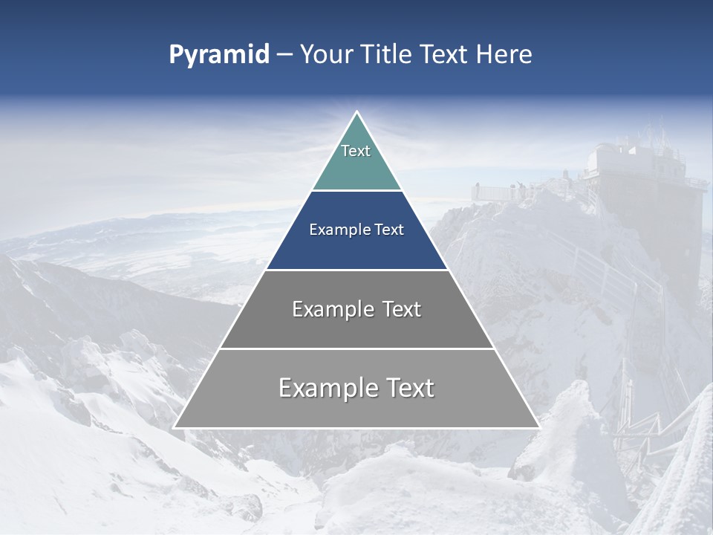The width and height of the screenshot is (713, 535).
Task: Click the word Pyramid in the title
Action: pyautogui.click(x=218, y=55)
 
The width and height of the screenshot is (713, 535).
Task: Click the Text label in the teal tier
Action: pyautogui.click(x=356, y=151)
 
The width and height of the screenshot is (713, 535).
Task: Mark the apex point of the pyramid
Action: pyautogui.click(x=356, y=112)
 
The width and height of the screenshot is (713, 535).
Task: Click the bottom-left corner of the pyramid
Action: pyautogui.click(x=175, y=427)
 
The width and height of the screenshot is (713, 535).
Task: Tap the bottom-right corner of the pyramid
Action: pyautogui.click(x=538, y=427)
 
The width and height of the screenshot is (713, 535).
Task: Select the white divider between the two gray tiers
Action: pyautogui.click(x=356, y=348)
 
